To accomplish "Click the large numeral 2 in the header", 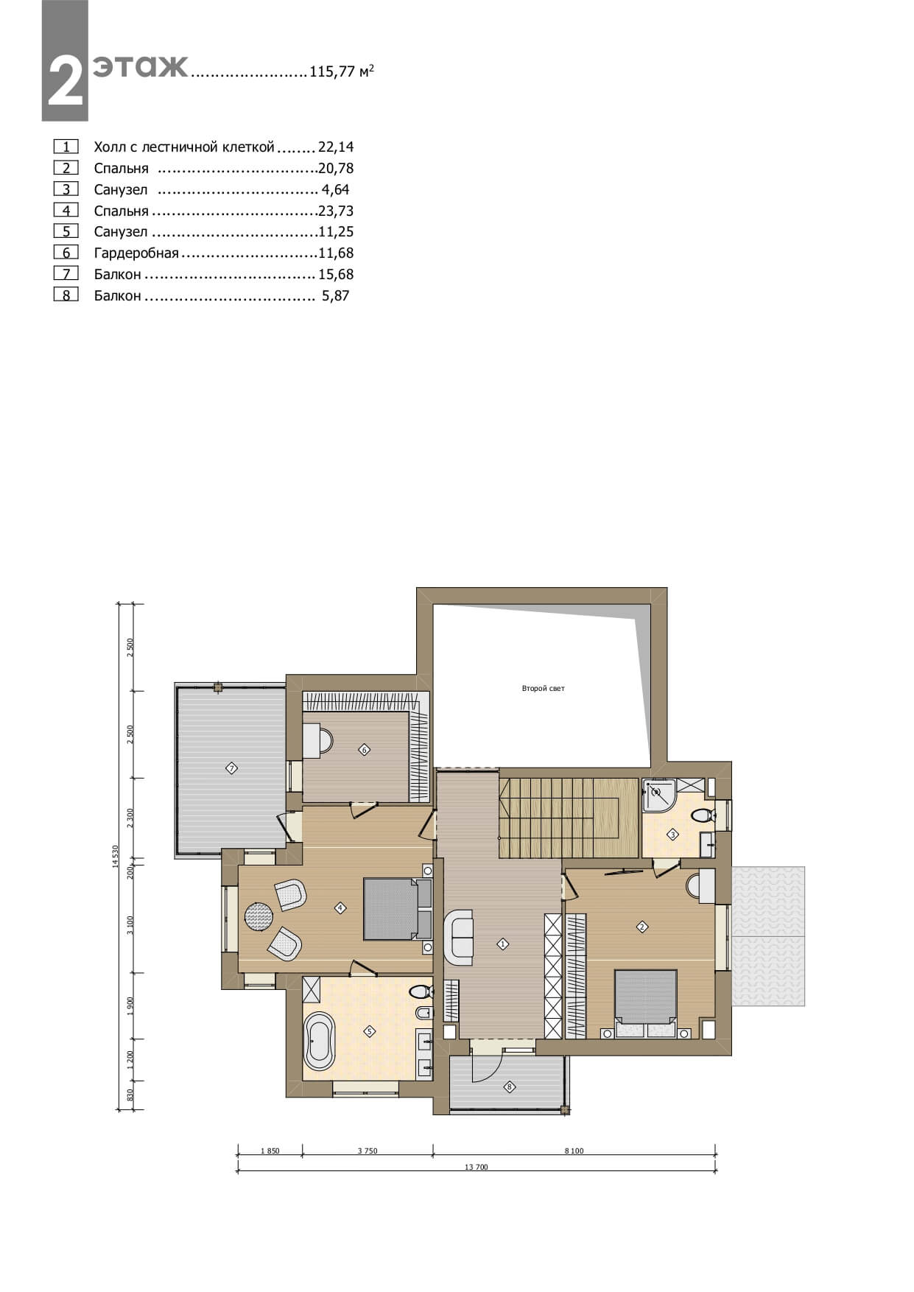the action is point(65,81).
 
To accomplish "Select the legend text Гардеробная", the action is point(136,253).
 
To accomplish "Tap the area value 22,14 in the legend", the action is point(336,147).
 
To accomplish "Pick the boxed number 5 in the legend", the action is point(66,232).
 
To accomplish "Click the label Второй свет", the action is point(543,689).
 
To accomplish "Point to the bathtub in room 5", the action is point(320,1042).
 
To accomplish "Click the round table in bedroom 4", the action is point(259,917).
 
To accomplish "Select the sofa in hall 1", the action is point(458,937).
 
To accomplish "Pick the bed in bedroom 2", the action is point(646,1004).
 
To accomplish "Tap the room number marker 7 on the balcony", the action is point(231,768).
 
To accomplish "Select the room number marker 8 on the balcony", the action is point(509,1086).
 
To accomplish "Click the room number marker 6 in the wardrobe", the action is point(364,750).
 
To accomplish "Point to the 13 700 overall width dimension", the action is point(477,1167).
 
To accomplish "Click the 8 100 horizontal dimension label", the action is point(574,1151).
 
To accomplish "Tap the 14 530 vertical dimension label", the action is point(115,857).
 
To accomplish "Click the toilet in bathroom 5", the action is point(421,991).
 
